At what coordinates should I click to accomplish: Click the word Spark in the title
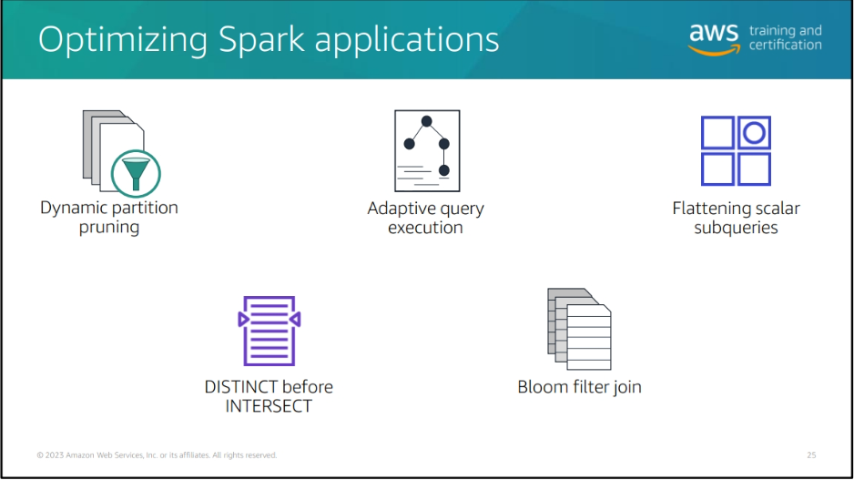pos(261,39)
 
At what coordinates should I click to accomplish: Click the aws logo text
pos(714,33)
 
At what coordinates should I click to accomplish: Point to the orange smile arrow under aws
pos(714,51)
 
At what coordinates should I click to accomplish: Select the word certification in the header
pos(786,45)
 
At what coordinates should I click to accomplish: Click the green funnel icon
pos(136,174)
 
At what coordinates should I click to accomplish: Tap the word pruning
pos(109,227)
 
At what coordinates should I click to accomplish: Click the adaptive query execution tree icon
pos(427,151)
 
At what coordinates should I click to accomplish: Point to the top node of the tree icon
pos(426,121)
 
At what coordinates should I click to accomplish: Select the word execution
pos(425,227)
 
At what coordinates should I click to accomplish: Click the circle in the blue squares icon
pos(755,133)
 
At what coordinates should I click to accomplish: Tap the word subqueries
pos(736,227)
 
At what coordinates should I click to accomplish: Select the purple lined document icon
pos(269,331)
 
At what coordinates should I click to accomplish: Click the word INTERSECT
pos(269,406)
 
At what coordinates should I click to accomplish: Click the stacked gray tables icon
pos(579,329)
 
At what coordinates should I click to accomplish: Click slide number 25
pos(811,454)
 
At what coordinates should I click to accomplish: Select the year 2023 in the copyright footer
pos(55,454)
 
